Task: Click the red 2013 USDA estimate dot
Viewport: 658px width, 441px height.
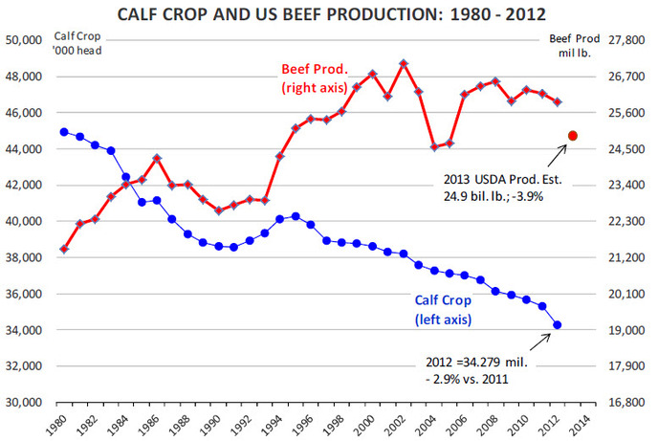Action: [x=573, y=136]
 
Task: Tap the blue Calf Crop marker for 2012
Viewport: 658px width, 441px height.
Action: [x=558, y=325]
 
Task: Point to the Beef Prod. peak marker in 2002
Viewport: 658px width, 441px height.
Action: [x=404, y=63]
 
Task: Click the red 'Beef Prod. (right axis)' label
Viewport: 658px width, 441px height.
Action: [x=317, y=79]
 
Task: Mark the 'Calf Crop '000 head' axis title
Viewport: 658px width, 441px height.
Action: [x=46, y=43]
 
